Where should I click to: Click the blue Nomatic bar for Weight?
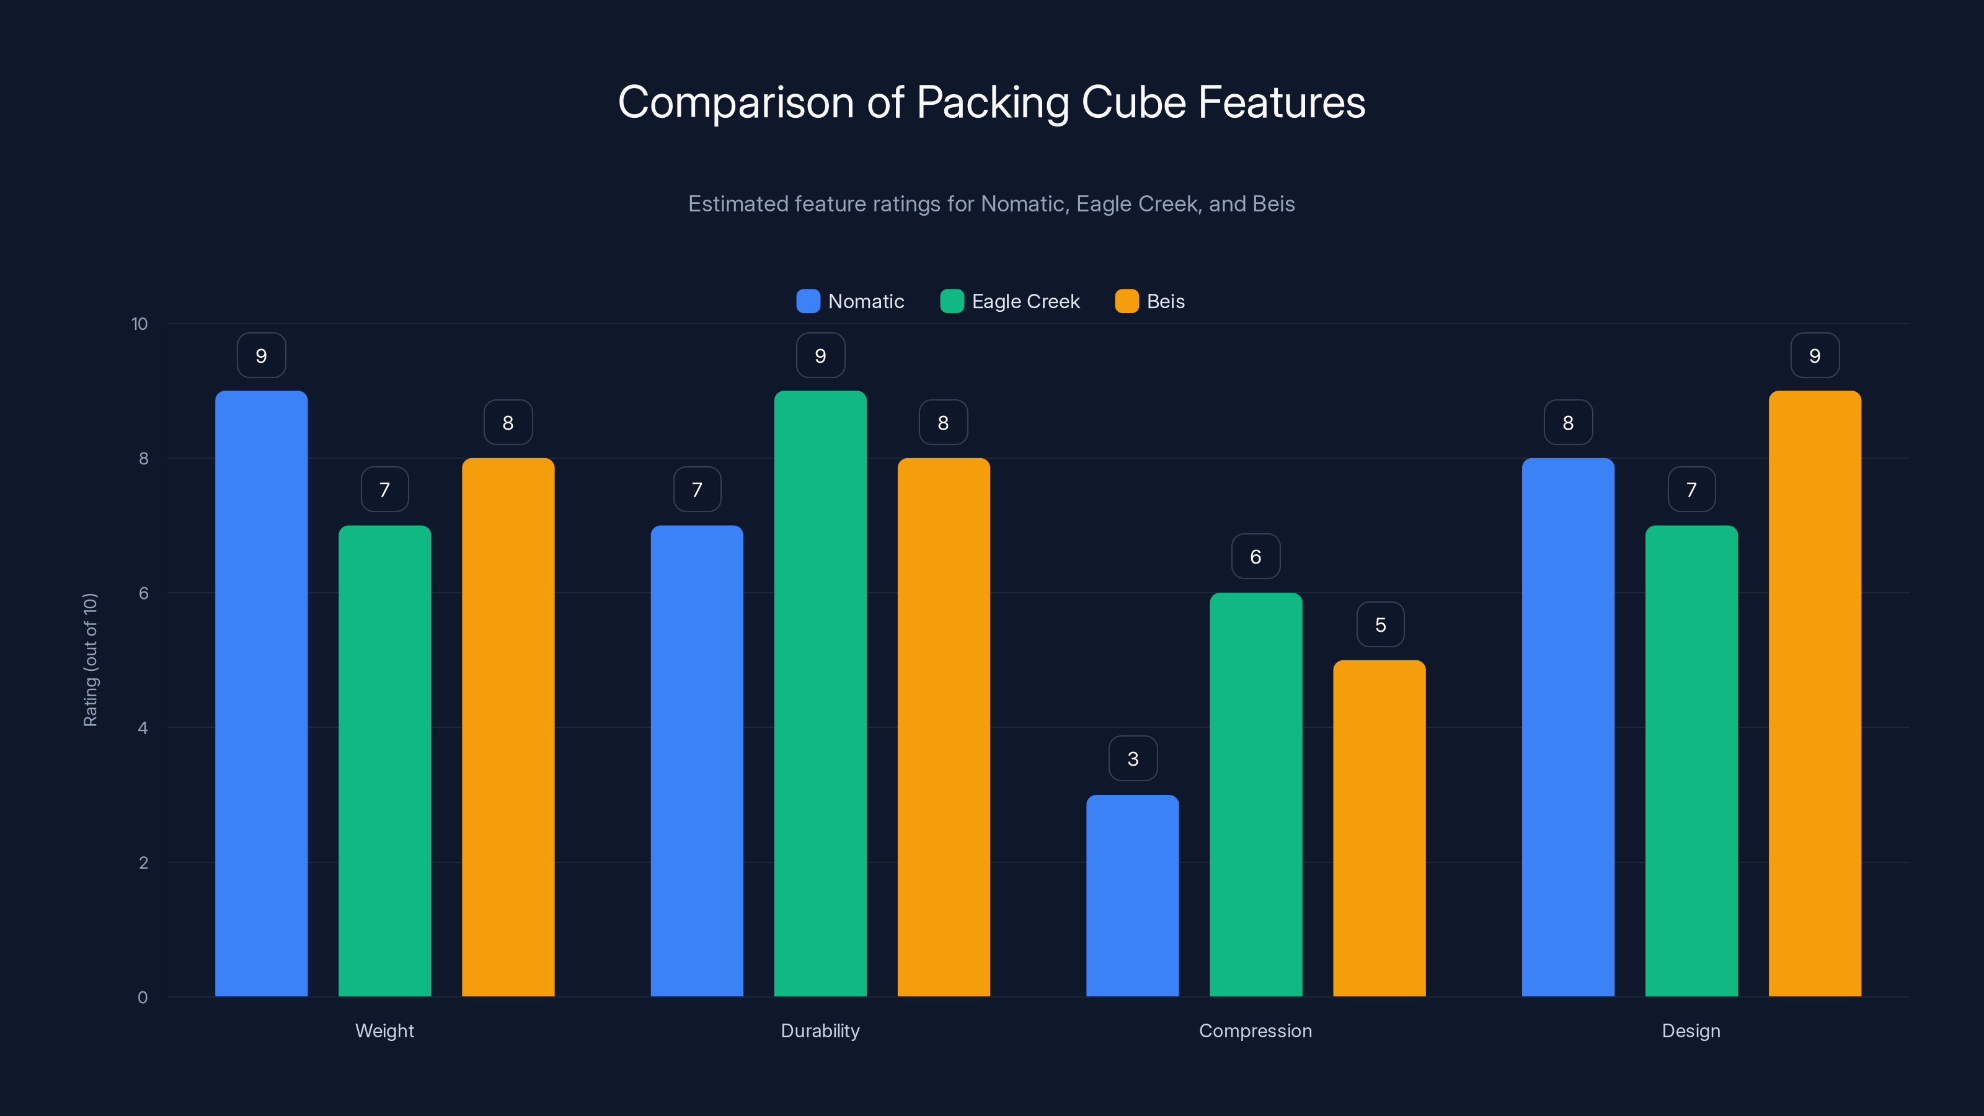pyautogui.click(x=261, y=693)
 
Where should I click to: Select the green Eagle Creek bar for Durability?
pyautogui.click(x=820, y=693)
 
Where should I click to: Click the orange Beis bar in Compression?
pyautogui.click(x=1379, y=828)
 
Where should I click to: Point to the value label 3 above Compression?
pyautogui.click(x=1132, y=759)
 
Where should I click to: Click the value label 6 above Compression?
pyautogui.click(x=1255, y=556)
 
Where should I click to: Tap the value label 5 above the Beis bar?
pyautogui.click(x=1379, y=624)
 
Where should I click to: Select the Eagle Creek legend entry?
pyautogui.click(x=1011, y=301)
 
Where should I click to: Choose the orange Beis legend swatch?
pyautogui.click(x=1127, y=301)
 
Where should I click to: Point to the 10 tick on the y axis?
pyautogui.click(x=139, y=324)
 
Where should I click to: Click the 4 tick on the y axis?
pyautogui.click(x=143, y=728)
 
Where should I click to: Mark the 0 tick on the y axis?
pyautogui.click(x=143, y=998)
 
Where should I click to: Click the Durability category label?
pyautogui.click(x=820, y=1030)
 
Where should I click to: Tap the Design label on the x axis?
pyautogui.click(x=1691, y=1030)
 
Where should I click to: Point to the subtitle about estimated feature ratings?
pyautogui.click(x=991, y=204)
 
